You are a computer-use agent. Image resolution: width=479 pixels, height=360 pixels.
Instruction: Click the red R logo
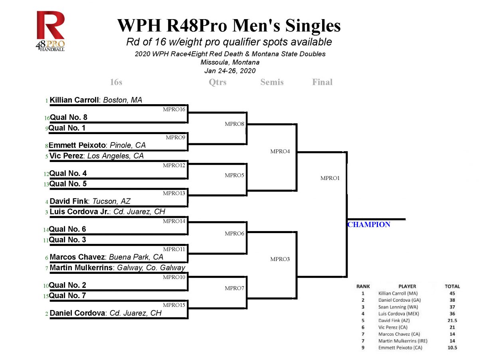coord(51,25)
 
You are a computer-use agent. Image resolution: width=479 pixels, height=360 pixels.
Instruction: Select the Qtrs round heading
coord(218,82)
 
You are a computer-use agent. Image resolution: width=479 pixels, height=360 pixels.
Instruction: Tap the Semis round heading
coord(272,82)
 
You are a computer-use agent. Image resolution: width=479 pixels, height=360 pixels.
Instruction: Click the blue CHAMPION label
coord(369,225)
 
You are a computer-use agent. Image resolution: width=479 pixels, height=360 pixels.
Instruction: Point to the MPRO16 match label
coord(174,109)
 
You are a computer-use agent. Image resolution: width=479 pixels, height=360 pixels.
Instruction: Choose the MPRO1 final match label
coord(330,178)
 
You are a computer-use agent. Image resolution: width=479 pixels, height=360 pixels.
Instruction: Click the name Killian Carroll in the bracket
coord(74,100)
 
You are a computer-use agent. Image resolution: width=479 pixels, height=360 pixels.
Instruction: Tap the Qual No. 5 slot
coord(68,184)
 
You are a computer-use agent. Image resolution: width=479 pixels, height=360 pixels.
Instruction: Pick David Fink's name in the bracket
coord(69,201)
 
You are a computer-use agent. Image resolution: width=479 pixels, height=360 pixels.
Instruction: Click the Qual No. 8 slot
coord(69,117)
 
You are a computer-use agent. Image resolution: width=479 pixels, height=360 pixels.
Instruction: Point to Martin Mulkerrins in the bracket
coord(81,267)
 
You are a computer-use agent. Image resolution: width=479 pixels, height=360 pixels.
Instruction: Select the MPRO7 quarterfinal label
coord(234,288)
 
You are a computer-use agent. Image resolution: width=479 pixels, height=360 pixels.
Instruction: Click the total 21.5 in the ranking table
coord(452,320)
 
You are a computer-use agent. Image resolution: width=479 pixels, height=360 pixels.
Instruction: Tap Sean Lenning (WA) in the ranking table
coord(398,307)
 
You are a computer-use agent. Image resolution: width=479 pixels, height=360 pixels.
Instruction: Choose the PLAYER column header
coord(407,286)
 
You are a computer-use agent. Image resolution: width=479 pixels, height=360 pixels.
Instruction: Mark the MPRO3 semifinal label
coord(280,259)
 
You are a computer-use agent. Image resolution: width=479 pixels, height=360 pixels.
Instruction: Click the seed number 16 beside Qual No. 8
coord(47,118)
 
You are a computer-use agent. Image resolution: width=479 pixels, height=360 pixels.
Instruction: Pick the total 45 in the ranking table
coord(452,293)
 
